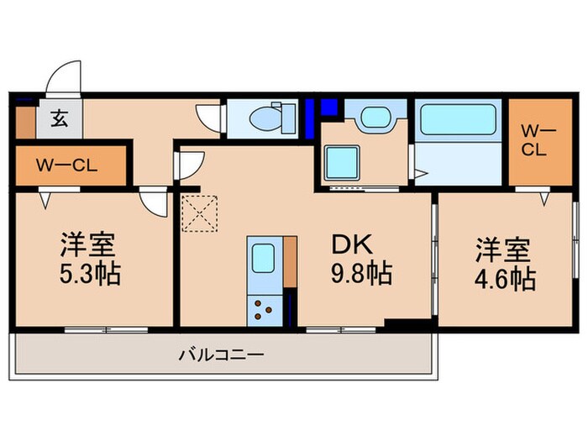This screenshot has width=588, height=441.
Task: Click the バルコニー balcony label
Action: click(x=221, y=355)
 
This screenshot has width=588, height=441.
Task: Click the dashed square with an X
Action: click(x=199, y=213)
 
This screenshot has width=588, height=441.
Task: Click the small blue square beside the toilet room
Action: click(x=328, y=107)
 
